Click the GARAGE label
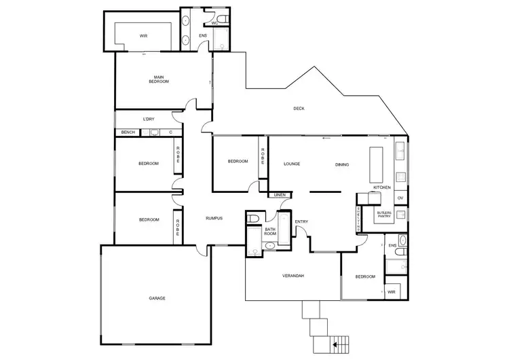pos(157,298)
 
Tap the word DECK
pos(299,109)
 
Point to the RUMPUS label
pos(214,218)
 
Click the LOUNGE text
pos(292,164)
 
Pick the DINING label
pos(342,164)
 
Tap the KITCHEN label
pos(381,187)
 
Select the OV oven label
pos(400,198)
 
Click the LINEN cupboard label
pos(280,195)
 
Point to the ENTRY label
pos(301,221)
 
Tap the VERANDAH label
pos(293,276)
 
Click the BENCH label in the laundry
pos(128,132)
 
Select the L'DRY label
pos(149,119)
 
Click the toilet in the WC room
pos(223,19)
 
